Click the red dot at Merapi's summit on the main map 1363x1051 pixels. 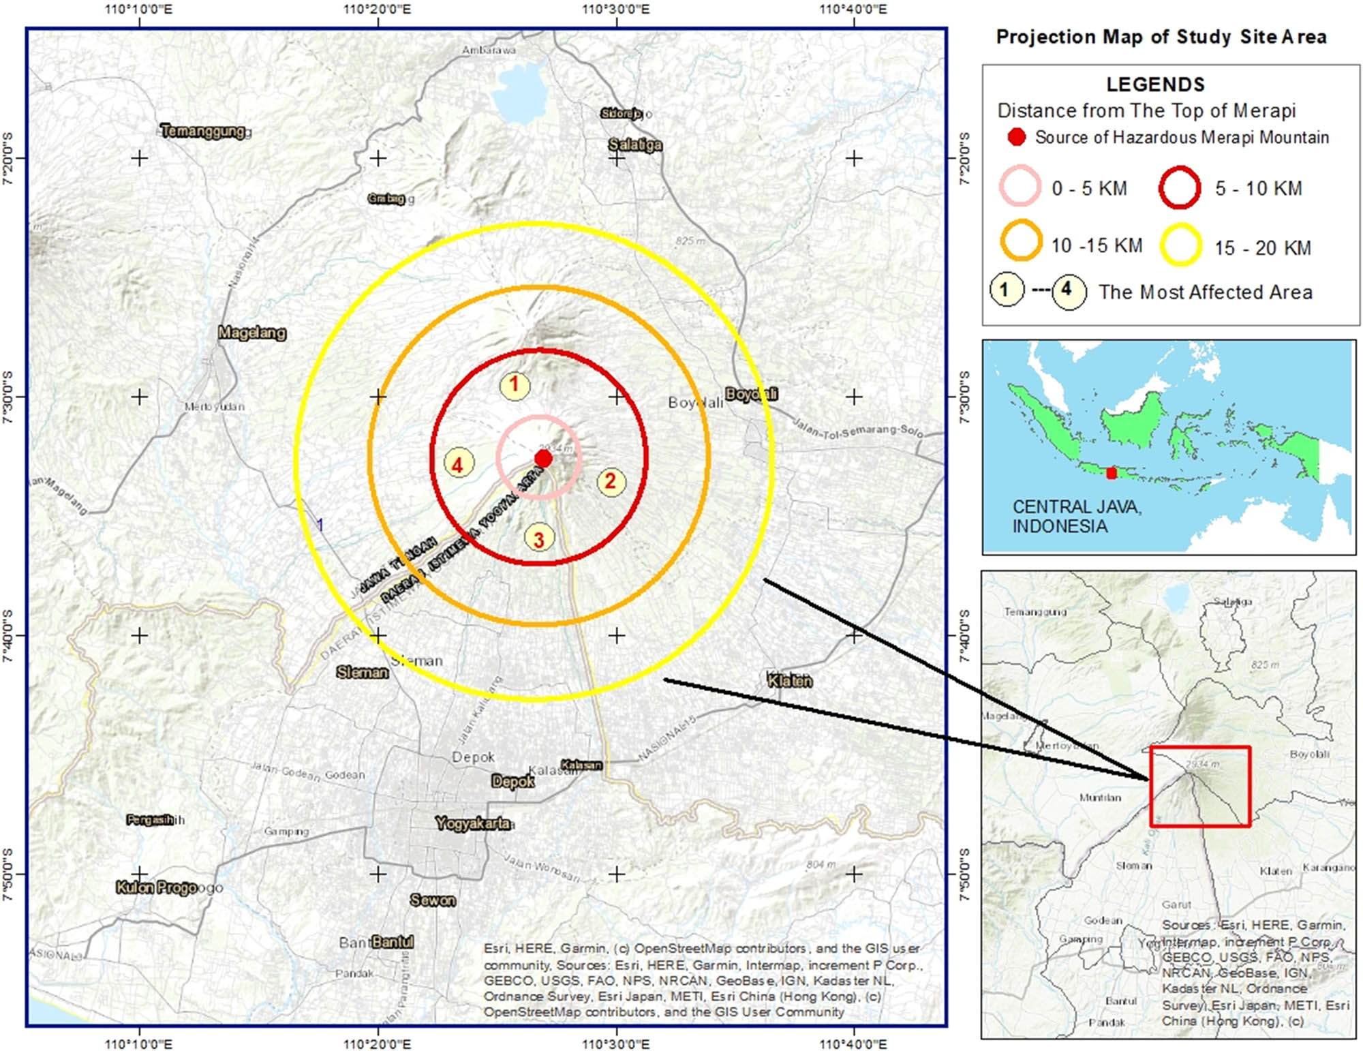pos(543,459)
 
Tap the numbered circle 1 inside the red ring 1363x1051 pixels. pos(515,385)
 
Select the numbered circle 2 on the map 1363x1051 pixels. pos(611,481)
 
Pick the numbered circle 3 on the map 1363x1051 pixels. pos(538,539)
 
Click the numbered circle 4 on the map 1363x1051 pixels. pos(458,465)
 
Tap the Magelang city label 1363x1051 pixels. pos(251,333)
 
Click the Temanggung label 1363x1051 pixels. pos(204,131)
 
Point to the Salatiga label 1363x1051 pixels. pos(634,144)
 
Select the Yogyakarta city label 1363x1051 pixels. pos(473,823)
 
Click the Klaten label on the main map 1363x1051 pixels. pos(790,680)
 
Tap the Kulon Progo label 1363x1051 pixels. pos(157,887)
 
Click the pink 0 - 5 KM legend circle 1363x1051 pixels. pos(1020,186)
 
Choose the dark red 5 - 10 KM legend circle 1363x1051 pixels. pos(1179,187)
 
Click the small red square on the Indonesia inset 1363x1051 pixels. pos(1112,473)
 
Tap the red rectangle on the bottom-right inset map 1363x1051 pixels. pos(1200,787)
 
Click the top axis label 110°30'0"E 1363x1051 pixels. pos(616,10)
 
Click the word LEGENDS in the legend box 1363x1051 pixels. pos(1155,85)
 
